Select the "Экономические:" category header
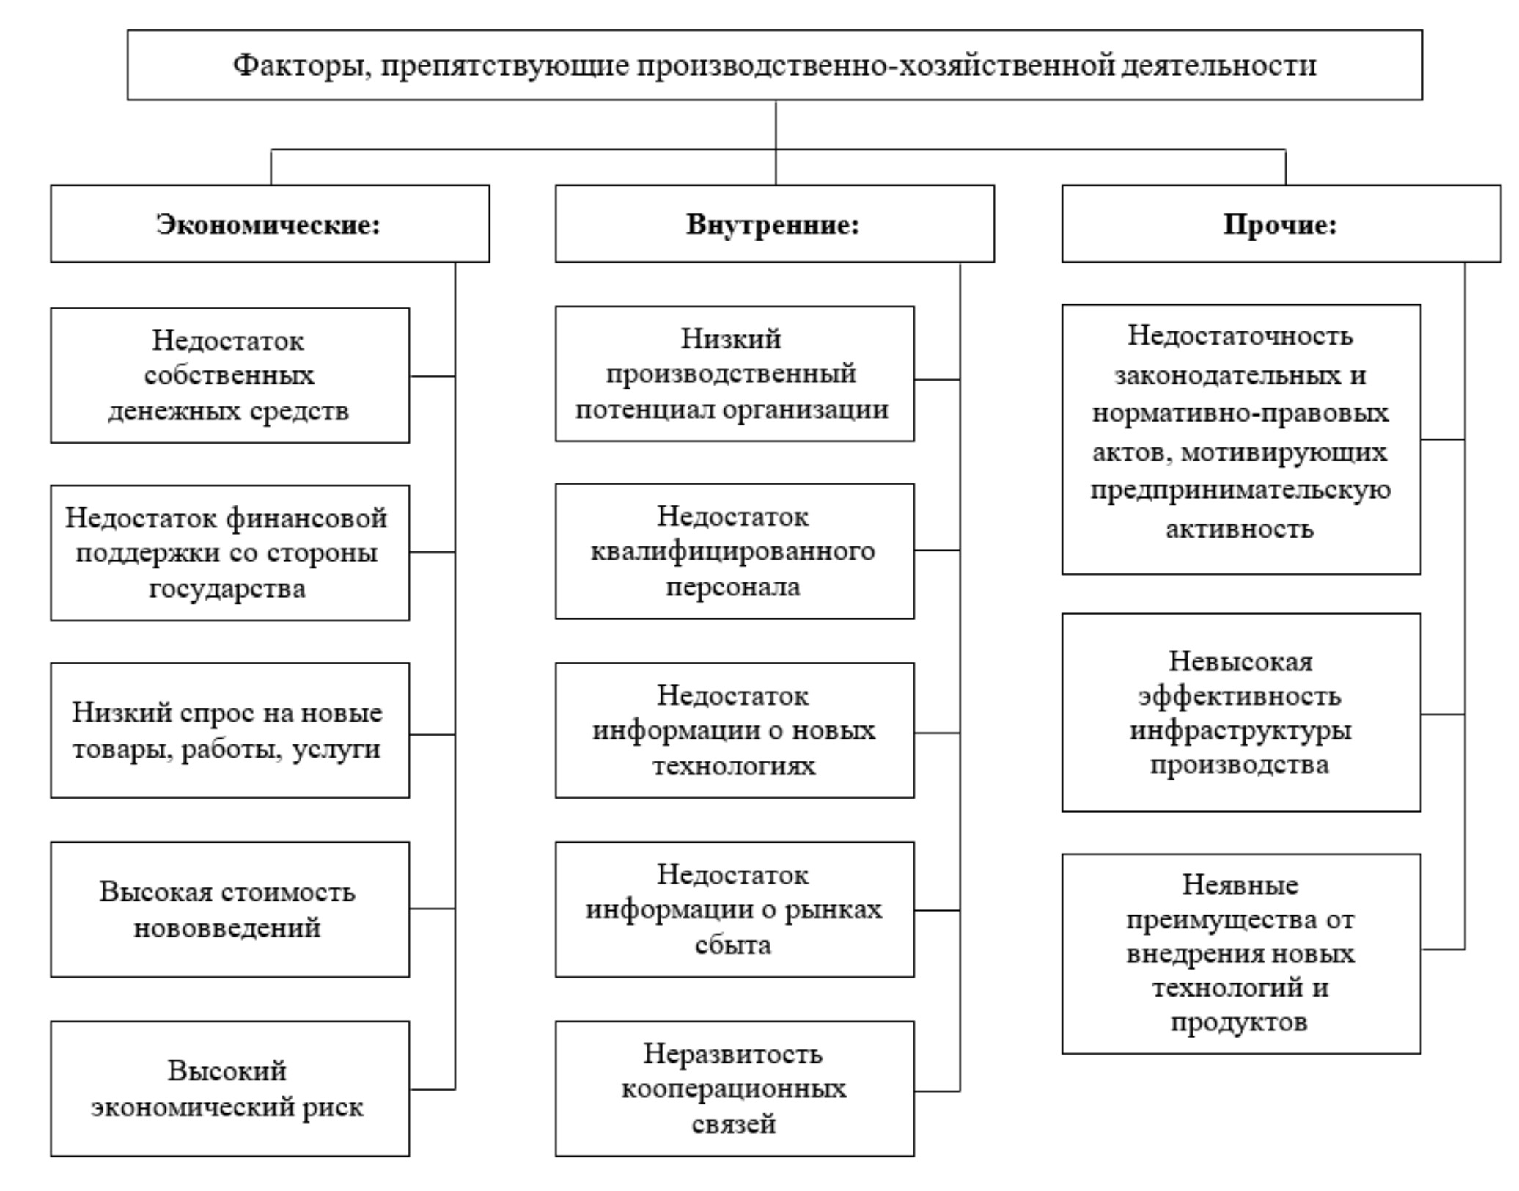pos(269,224)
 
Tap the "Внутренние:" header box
pos(773,224)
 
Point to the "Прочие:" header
pos(1280,224)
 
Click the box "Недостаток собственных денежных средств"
pos(229,375)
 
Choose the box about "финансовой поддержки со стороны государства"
pos(229,553)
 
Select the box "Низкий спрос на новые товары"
pos(229,730)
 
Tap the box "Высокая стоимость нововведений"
pos(229,909)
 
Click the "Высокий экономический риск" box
pos(229,1088)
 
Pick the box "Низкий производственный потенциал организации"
pos(734,374)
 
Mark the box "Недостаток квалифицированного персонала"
pos(734,551)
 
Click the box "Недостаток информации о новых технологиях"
pos(734,730)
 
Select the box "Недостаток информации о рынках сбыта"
pos(734,909)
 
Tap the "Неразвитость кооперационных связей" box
pos(734,1088)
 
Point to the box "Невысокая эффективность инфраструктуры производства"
pos(1240,713)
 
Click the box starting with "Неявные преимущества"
pos(1240,953)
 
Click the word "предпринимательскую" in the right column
pos(1240,490)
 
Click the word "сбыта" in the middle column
pos(733,945)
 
